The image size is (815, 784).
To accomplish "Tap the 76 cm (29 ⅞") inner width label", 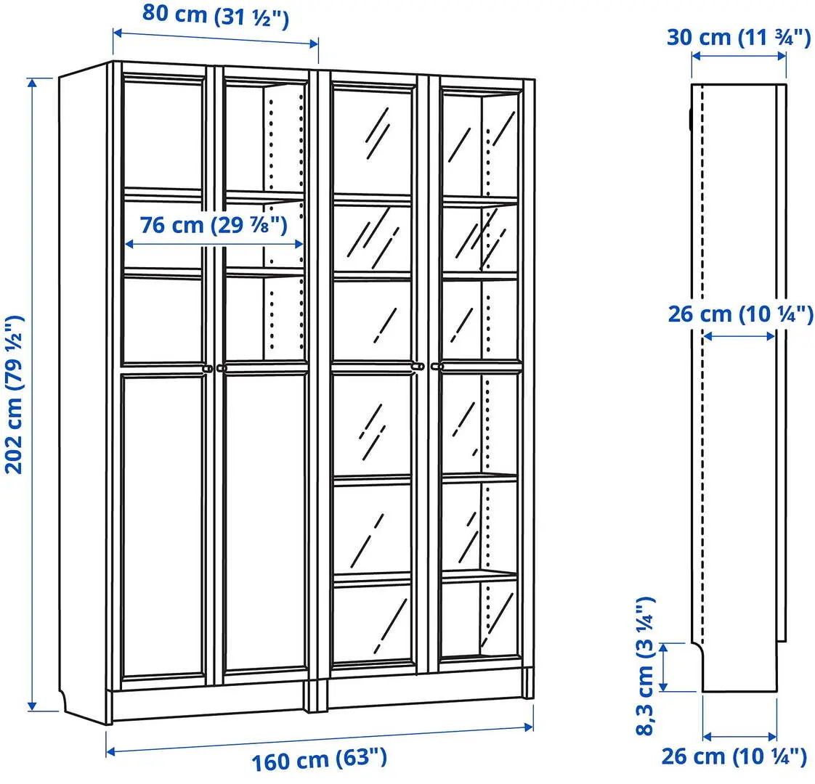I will [214, 225].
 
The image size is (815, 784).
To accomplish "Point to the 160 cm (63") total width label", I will [319, 760].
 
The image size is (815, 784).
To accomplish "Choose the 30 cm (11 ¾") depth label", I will [738, 36].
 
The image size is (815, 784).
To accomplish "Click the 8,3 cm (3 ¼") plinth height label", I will [645, 666].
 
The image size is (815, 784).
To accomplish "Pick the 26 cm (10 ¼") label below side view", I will [734, 756].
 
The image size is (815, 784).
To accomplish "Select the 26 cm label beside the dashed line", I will [740, 314].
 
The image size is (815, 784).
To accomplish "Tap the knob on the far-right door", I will [437, 368].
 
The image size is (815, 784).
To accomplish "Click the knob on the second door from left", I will [222, 369].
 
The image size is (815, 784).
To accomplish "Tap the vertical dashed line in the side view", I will [702, 363].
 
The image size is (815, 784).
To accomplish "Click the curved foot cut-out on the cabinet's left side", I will [66, 701].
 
